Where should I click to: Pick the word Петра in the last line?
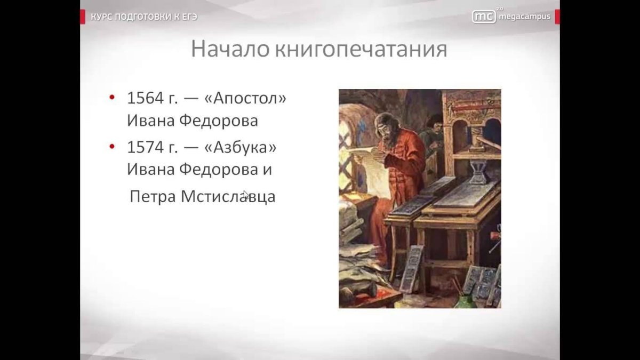(x=153, y=196)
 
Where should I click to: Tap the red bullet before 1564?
(x=112, y=98)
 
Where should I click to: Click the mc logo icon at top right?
(x=483, y=17)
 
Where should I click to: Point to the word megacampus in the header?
(x=524, y=17)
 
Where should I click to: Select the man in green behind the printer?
(x=432, y=133)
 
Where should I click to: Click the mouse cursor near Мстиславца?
(x=245, y=195)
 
